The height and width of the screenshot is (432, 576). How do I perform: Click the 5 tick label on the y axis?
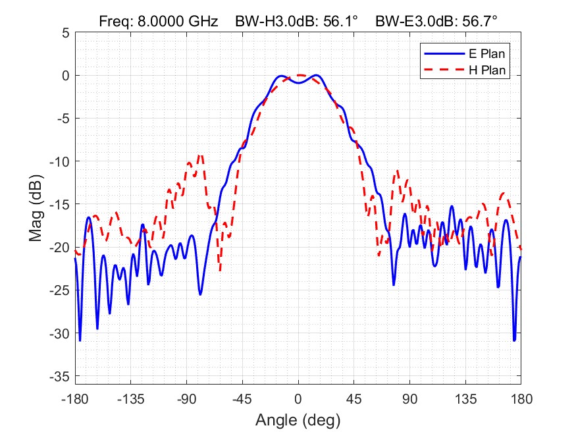coord(65,33)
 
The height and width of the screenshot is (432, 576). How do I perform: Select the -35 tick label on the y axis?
coord(60,377)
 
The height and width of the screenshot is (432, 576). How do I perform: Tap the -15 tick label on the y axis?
coord(60,205)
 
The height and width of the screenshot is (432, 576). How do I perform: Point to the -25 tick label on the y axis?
coord(60,290)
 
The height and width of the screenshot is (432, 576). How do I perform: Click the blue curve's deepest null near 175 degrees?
coord(514,340)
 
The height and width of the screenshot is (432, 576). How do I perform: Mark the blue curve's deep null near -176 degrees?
coord(80,340)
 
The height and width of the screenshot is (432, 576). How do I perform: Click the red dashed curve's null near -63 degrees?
coord(220,270)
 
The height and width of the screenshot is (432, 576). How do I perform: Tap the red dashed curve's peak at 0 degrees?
coord(298,75)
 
